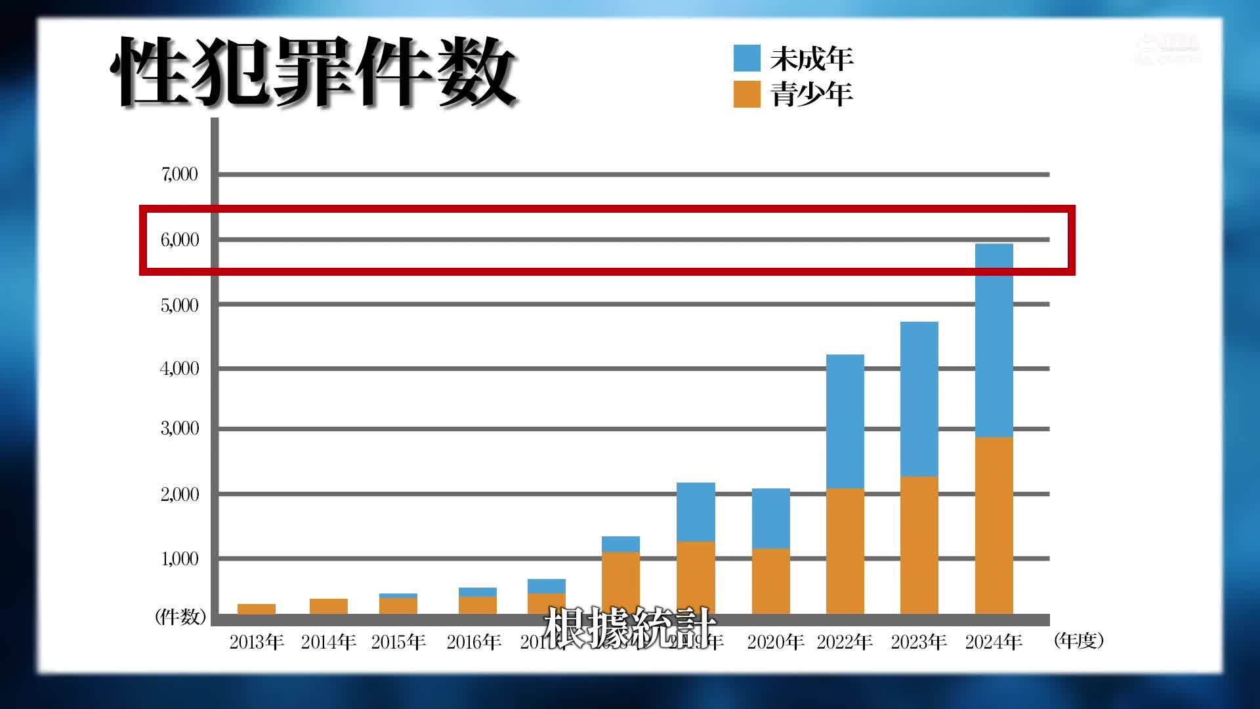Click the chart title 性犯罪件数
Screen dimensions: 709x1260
click(314, 72)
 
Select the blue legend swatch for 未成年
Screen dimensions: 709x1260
click(747, 58)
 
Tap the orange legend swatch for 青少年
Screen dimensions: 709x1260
click(747, 94)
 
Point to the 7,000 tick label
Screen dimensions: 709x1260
click(179, 175)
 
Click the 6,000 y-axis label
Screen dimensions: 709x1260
click(179, 240)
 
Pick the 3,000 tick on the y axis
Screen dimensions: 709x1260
click(179, 429)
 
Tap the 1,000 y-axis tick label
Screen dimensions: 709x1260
click(179, 559)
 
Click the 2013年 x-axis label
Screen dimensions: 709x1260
click(257, 642)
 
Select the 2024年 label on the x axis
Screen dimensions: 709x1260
click(994, 642)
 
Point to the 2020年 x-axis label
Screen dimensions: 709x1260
click(775, 642)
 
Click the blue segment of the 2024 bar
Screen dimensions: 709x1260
click(994, 341)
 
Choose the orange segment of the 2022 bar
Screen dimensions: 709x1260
click(845, 551)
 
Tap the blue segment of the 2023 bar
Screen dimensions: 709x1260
click(919, 399)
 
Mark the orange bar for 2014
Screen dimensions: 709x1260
click(328, 606)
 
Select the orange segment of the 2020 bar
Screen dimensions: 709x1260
click(770, 581)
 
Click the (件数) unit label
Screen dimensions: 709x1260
click(180, 616)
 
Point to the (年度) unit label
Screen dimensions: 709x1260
click(1078, 641)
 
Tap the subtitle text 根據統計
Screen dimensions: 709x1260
click(629, 627)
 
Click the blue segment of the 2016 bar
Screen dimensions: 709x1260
click(477, 591)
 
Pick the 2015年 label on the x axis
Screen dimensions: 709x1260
click(398, 642)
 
